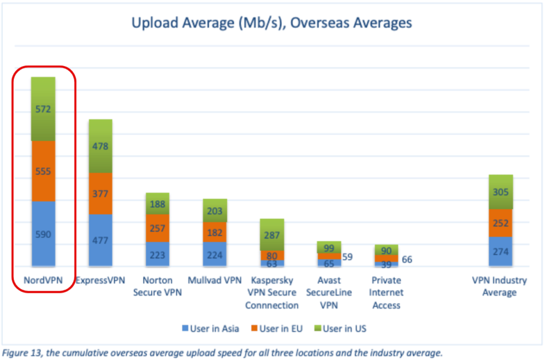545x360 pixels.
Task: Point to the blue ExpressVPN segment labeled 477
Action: pos(101,240)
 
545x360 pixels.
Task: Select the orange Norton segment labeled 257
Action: pos(158,228)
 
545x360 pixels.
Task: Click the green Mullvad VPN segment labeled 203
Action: pos(214,211)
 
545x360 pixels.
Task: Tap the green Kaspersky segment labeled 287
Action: pos(271,235)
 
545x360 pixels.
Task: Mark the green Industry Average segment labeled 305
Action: pos(501,192)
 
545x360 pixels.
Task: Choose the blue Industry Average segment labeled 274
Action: pos(501,251)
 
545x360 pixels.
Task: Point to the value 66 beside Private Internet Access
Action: pos(407,260)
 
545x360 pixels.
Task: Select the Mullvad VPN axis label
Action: pos(214,280)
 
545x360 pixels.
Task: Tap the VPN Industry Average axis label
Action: pos(500,286)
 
